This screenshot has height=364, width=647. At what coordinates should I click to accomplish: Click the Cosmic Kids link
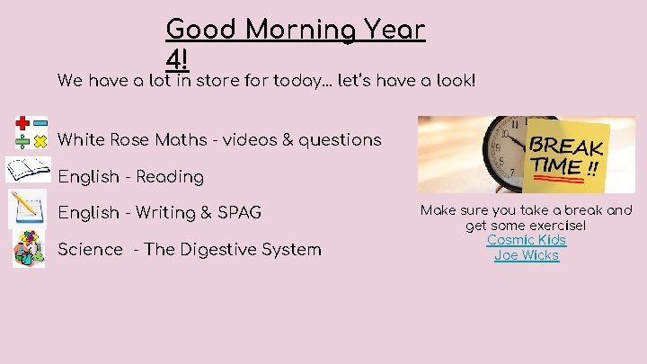[x=527, y=240]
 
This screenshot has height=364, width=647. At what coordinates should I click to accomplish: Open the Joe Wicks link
[x=527, y=255]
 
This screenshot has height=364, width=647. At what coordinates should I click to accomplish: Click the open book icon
[x=29, y=169]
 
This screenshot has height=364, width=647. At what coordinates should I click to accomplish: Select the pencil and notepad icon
[x=27, y=209]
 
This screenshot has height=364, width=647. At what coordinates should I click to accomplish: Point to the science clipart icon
[x=29, y=248]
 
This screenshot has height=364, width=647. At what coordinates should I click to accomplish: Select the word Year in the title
[x=392, y=30]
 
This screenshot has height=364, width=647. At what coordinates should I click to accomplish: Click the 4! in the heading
[x=177, y=59]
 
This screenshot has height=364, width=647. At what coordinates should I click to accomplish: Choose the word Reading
[x=170, y=177]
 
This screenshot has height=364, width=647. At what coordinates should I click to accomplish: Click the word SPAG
[x=237, y=213]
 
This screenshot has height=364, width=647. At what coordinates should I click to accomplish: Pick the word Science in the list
[x=90, y=249]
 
